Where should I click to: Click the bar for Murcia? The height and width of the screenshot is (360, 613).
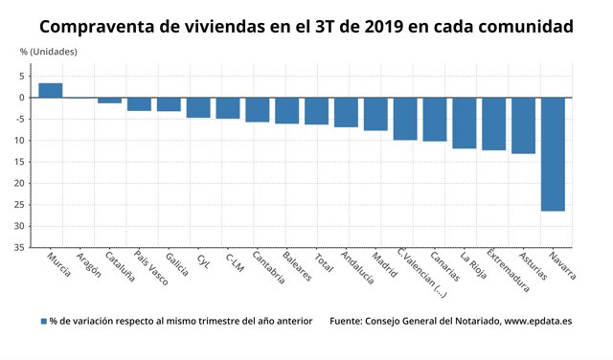coord(51,90)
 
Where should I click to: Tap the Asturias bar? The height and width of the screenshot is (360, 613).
coord(523,125)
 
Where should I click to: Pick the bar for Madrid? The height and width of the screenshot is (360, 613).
coord(375,114)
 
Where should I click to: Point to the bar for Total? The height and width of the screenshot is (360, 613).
coord(316,111)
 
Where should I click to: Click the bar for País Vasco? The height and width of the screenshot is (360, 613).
coord(139,104)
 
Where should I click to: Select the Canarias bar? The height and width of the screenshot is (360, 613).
coord(435,120)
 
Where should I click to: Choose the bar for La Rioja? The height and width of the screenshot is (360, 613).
coord(465,123)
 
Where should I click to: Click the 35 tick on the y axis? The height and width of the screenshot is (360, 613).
coord(19,248)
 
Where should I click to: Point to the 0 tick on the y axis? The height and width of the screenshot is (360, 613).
coord(22,98)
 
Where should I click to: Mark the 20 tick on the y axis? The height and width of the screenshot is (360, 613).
coord(19,184)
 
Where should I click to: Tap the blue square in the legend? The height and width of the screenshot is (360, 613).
coord(43,322)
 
